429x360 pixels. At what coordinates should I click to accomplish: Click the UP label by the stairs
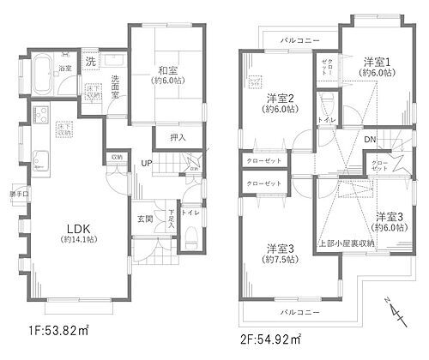148,163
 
